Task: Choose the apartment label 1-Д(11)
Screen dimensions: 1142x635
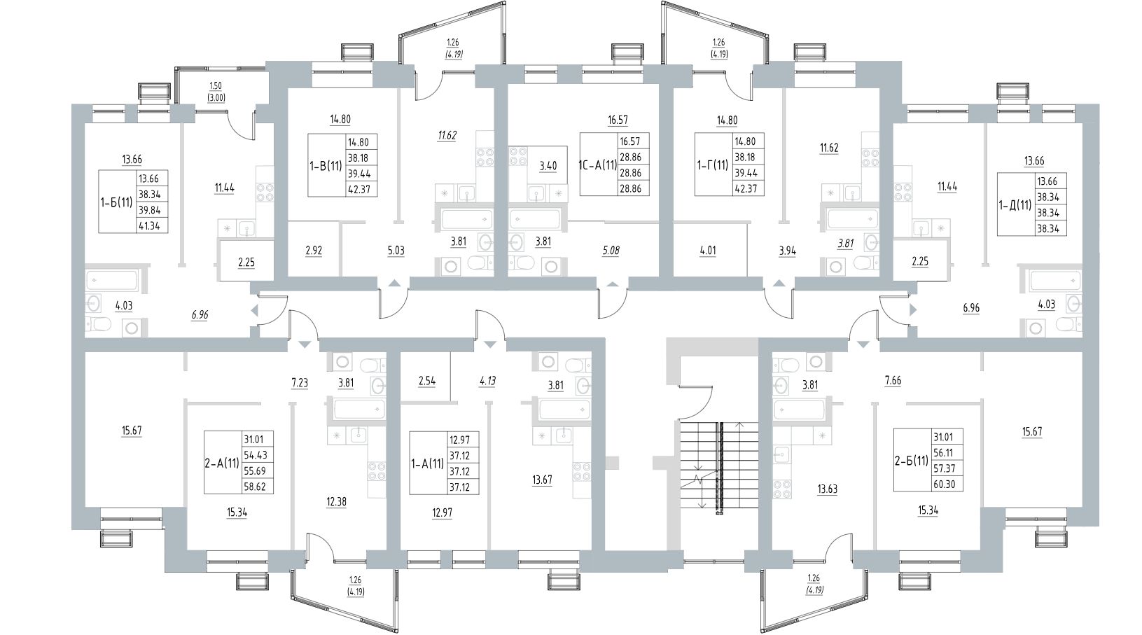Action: click(1015, 206)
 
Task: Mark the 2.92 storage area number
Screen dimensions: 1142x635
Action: click(313, 250)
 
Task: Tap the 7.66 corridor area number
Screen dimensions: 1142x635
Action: click(893, 382)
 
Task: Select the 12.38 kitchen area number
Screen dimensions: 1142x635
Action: click(337, 501)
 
